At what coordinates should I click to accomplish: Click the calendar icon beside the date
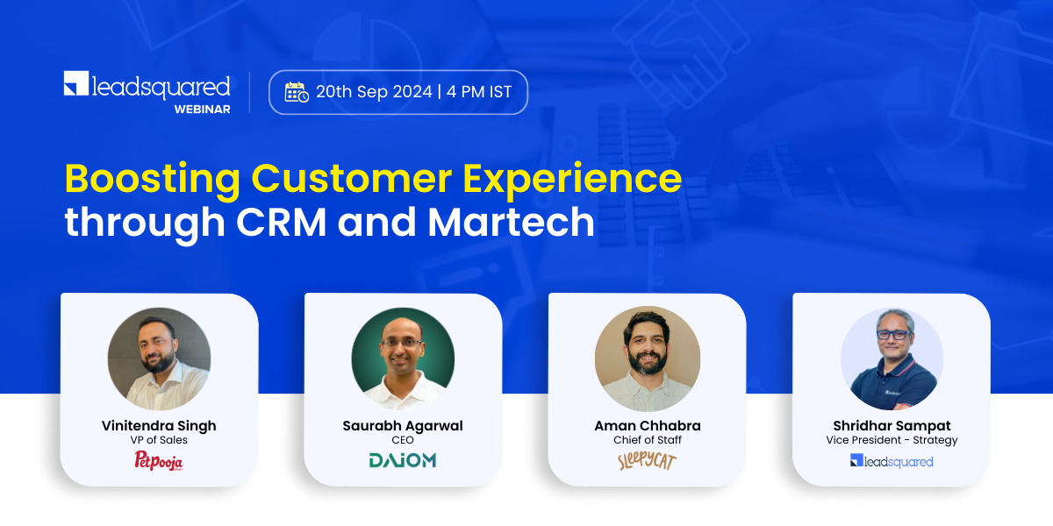coord(297,91)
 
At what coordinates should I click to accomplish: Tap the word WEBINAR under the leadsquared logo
coord(202,110)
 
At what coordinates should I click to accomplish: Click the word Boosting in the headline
coord(152,179)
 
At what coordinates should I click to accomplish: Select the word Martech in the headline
coord(511,222)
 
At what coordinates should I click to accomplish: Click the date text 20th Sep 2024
coord(375,91)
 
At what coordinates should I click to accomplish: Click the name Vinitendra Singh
coord(159,426)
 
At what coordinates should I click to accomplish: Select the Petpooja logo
coord(159,460)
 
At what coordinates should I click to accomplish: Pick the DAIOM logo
coord(402,460)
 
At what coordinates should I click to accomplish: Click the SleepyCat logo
coord(647,461)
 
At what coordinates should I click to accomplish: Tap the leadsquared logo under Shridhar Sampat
coord(892,461)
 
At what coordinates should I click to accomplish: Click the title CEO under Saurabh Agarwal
coord(403,440)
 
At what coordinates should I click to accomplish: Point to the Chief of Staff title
coord(648,440)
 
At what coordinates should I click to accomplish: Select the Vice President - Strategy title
coord(892,440)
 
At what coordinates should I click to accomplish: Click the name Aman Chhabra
coord(648,426)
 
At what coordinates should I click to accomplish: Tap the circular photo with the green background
coord(403,358)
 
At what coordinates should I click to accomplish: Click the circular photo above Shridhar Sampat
coord(892,358)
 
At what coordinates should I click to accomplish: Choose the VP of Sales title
coord(159,440)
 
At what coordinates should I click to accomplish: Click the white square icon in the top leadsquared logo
coord(75,84)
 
